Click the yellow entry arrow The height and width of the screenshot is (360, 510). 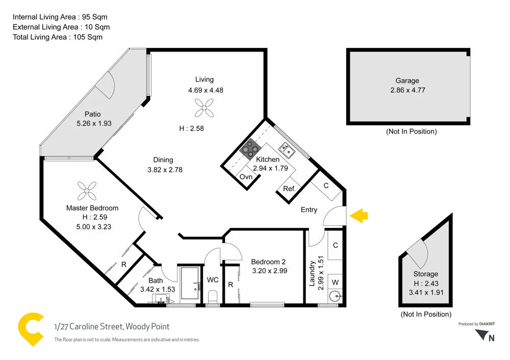[360, 216]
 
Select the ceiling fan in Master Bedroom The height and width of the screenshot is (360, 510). [87, 191]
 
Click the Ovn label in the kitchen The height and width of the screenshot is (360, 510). [246, 177]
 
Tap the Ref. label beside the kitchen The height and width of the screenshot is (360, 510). [289, 189]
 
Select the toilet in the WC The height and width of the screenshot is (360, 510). [213, 296]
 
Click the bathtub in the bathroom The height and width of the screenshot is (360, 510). [192, 283]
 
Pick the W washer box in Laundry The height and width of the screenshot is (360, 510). [335, 281]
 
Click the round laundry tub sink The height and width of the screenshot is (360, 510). [335, 296]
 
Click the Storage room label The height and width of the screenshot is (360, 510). [425, 274]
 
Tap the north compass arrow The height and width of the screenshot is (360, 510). [482, 335]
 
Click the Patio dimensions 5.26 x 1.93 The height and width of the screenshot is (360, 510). [94, 123]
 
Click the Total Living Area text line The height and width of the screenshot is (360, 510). [57, 37]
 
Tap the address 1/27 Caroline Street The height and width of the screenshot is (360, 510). [112, 326]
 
